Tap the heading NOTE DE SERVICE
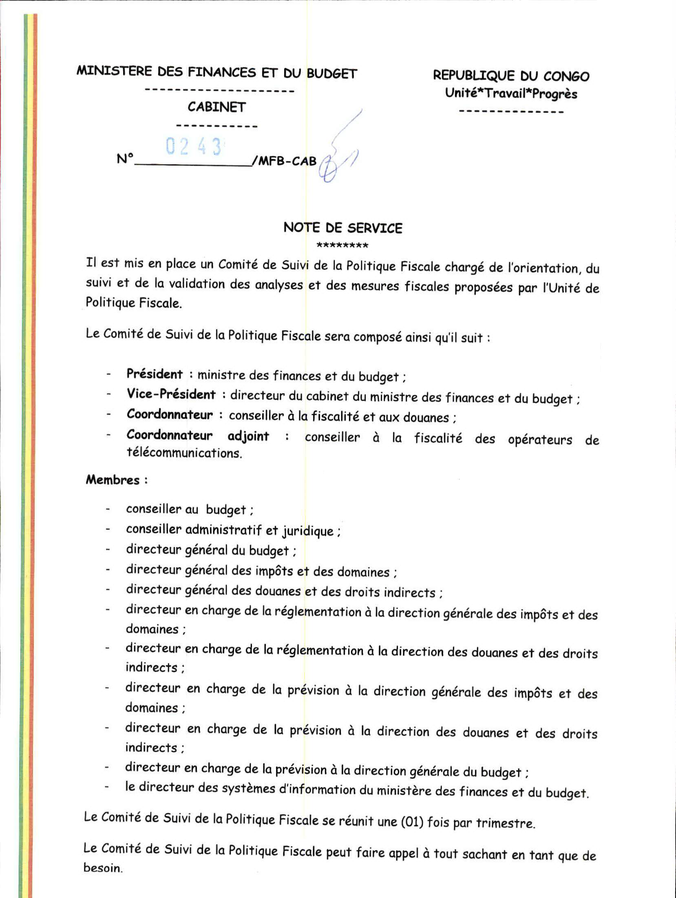coord(342,228)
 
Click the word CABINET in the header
coord(216,107)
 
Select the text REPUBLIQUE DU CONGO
coord(511,76)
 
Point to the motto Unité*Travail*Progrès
coord(511,94)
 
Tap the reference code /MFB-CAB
coord(284,161)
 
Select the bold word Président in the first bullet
coord(155,374)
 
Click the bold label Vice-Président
coord(171,394)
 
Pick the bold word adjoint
coord(248,436)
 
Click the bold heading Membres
coord(113,480)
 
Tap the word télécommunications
coord(184,453)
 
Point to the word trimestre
coord(505,823)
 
